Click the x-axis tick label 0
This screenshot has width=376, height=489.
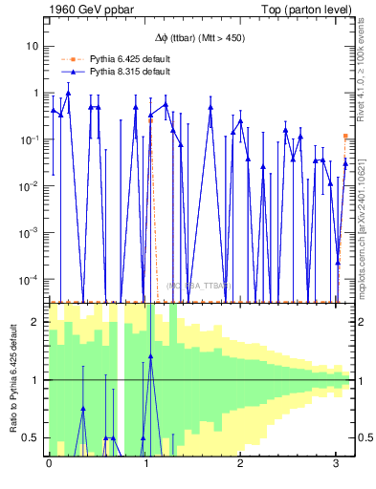click(x=49, y=463)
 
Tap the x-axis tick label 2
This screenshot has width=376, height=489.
click(x=241, y=463)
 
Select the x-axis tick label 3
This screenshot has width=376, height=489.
click(x=337, y=463)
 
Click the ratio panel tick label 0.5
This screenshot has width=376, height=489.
click(x=33, y=437)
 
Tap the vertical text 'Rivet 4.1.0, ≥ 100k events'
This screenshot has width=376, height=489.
click(x=365, y=72)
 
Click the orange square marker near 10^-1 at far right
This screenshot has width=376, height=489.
click(x=346, y=137)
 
